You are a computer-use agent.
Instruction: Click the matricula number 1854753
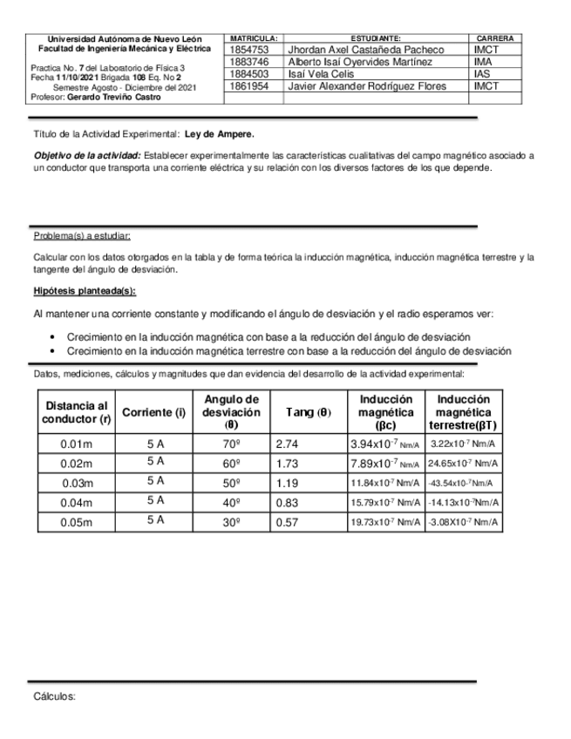coord(245,51)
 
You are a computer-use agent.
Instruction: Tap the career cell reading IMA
coord(483,63)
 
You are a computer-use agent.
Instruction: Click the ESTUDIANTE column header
coord(376,39)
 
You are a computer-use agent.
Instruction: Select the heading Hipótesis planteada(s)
coord(85,291)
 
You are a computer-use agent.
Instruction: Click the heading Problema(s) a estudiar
coord(82,235)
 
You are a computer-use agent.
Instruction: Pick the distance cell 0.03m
coord(77,483)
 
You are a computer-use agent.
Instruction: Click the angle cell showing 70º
coord(231,444)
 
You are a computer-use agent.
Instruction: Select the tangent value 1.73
coord(287,464)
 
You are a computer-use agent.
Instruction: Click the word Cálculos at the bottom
coord(55,697)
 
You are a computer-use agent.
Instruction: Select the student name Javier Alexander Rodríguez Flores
coord(367,87)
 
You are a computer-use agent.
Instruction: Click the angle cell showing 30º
coord(231,521)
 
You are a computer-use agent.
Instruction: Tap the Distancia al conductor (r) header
coord(77,412)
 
